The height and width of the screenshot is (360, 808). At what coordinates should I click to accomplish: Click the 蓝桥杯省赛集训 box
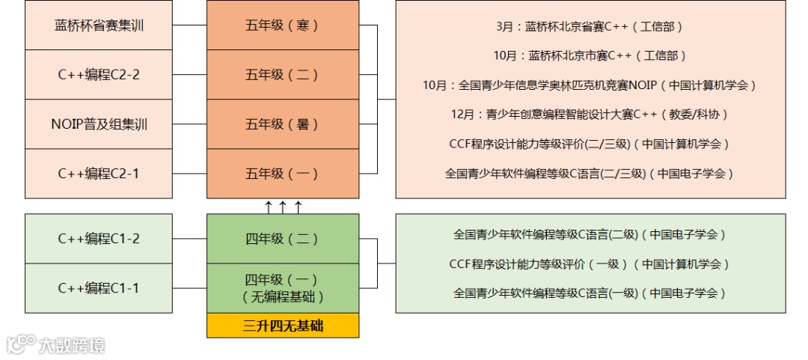coord(100,25)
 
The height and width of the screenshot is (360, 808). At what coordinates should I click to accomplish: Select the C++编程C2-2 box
coord(100,75)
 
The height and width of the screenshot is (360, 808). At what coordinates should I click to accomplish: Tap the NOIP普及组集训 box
coord(100,124)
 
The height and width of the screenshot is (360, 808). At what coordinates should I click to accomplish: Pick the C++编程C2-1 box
coord(100,174)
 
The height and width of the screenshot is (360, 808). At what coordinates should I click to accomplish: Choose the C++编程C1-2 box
coord(100,239)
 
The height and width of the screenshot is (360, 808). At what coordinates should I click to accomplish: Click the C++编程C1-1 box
coord(100,288)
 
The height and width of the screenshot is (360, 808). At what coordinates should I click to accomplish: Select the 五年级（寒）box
coord(283,25)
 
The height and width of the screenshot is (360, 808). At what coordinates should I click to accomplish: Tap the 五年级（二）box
coord(283,75)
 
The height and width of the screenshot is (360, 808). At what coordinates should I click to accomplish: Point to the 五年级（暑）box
coord(283,124)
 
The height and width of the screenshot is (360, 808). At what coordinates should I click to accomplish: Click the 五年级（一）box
coord(283,174)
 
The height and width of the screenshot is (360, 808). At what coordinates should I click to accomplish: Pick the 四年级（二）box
coord(283,239)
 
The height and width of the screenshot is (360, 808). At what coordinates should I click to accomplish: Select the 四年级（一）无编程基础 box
coord(283,288)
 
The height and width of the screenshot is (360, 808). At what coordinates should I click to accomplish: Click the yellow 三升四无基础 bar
coord(283,326)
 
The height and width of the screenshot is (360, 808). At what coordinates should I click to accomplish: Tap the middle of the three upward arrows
coord(283,207)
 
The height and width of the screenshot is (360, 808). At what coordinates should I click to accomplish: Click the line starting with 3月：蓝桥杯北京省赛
coord(590,27)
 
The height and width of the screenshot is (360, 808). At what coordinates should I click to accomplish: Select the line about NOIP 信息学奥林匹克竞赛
coord(590,85)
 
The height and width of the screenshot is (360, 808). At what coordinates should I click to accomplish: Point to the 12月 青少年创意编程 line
coord(590,115)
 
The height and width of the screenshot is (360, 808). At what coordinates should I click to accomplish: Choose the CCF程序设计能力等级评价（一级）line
coord(590,264)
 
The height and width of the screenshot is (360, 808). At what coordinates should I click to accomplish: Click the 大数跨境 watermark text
coord(72,345)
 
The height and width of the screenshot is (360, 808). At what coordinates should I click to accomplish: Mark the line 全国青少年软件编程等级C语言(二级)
coord(590,234)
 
